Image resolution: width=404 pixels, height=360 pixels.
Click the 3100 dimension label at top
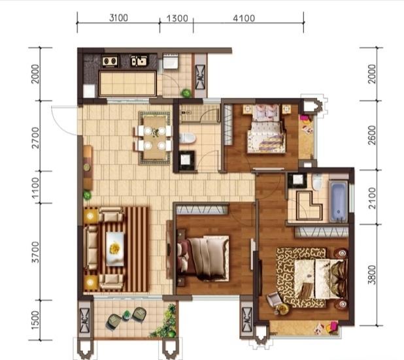[118, 18]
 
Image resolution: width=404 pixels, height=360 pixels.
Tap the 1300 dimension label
[177, 18]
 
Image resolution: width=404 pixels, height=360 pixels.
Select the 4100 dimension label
[244, 18]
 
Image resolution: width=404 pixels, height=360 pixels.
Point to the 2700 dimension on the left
[35, 138]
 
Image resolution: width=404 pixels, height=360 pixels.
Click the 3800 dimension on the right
[372, 275]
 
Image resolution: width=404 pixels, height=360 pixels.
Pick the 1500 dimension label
[35, 320]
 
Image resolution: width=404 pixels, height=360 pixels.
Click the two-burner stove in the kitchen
[110, 61]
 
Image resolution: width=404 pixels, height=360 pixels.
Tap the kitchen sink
[139, 61]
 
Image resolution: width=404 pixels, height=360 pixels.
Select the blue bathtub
[339, 202]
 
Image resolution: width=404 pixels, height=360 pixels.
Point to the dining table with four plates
[154, 138]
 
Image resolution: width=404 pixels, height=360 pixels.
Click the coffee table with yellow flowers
[115, 249]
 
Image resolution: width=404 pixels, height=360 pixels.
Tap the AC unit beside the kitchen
[201, 77]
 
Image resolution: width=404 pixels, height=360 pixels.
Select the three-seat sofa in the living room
[91, 248]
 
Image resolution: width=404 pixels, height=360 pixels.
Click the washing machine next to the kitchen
[170, 61]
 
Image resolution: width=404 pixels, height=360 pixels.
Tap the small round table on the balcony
[126, 315]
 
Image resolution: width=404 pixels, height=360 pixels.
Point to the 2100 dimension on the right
[372, 198]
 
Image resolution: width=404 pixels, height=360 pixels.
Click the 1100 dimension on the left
[35, 188]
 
